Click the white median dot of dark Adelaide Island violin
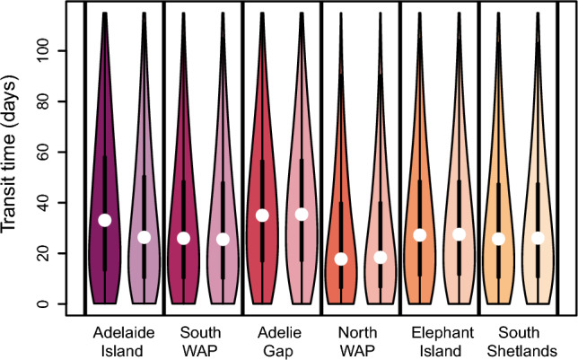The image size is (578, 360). (x=105, y=220)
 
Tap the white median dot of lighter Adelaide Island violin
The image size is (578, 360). (x=144, y=237)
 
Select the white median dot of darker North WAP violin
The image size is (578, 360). (x=341, y=259)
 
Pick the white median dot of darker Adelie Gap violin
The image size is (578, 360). (x=262, y=215)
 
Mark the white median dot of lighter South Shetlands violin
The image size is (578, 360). (x=538, y=238)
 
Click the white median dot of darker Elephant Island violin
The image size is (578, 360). (x=420, y=235)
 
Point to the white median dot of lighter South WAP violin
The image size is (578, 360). (x=223, y=239)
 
